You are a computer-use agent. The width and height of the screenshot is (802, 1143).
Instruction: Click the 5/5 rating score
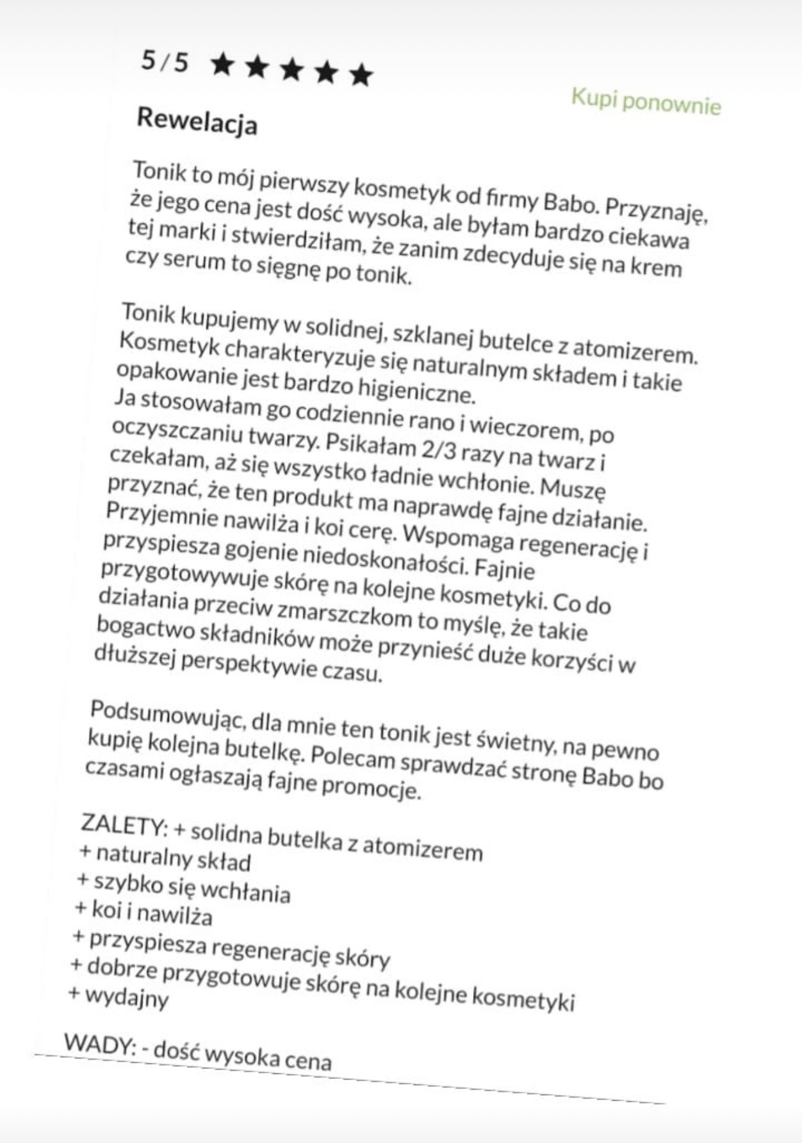click(x=165, y=62)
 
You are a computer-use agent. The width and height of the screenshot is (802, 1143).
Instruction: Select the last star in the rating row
click(x=361, y=75)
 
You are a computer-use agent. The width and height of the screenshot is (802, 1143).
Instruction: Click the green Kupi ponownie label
click(x=646, y=103)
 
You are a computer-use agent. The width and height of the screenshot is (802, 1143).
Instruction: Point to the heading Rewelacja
click(x=196, y=121)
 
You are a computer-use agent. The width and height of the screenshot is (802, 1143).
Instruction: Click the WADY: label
click(x=99, y=1044)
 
